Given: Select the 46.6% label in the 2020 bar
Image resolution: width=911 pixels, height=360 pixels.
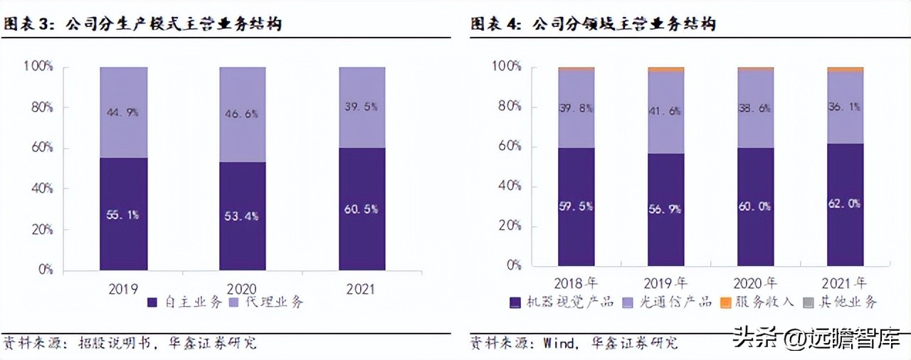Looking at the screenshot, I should tap(243, 113).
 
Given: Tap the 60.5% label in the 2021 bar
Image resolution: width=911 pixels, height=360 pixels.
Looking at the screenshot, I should tap(362, 209).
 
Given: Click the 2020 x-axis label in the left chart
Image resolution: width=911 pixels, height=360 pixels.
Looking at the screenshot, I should tap(243, 289).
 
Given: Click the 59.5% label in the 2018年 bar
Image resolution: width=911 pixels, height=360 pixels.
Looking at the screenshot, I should tap(576, 206).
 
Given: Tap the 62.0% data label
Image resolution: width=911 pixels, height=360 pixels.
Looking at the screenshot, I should tap(845, 203).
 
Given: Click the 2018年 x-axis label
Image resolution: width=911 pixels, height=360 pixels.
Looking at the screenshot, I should tap(576, 282).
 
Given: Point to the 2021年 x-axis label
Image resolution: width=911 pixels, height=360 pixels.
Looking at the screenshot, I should tap(845, 282).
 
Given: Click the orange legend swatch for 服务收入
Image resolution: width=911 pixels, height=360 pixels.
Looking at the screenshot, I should tap(725, 302).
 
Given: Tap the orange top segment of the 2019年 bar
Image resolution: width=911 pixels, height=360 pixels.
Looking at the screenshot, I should tap(665, 70).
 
